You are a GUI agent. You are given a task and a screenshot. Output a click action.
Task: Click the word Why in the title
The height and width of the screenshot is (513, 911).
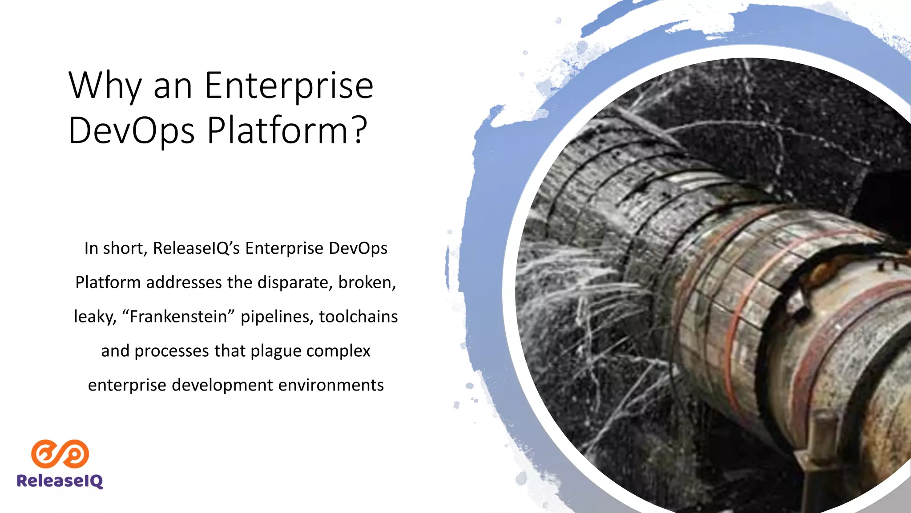(105, 85)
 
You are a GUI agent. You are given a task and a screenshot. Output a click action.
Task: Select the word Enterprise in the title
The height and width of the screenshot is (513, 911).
(289, 85)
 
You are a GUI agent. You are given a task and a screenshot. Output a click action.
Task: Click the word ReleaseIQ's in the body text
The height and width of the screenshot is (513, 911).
(197, 248)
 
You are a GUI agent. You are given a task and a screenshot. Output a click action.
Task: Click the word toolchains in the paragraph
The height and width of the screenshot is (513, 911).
(358, 317)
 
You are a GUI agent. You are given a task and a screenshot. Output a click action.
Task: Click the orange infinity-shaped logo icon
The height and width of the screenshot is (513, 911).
(60, 454)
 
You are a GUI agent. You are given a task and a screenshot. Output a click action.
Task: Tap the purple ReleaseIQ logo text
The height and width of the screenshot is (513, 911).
(60, 481)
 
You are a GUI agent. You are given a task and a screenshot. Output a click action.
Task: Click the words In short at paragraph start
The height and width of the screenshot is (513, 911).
(115, 248)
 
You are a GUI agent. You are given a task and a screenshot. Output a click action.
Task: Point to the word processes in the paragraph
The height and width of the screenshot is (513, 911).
(171, 351)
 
